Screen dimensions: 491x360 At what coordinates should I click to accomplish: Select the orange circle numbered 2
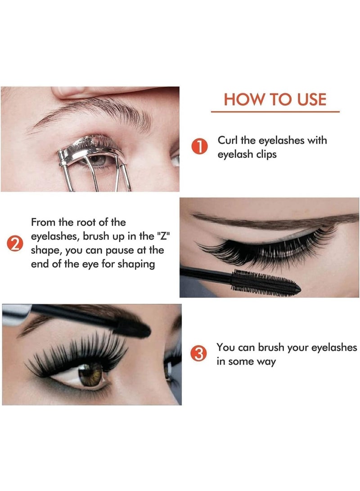coord(15,244)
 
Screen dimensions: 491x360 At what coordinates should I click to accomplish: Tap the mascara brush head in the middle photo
coord(263,282)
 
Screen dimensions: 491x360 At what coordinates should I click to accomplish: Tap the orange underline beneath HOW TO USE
coord(275,111)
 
